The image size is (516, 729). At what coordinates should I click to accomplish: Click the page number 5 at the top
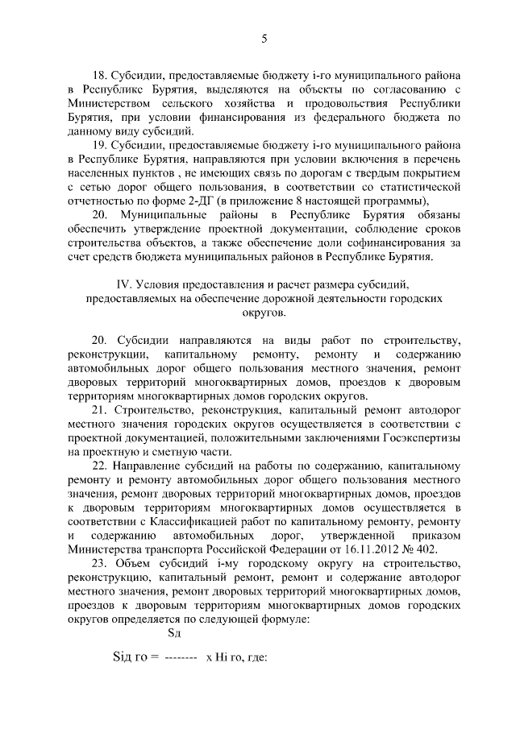pyautogui.click(x=264, y=38)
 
